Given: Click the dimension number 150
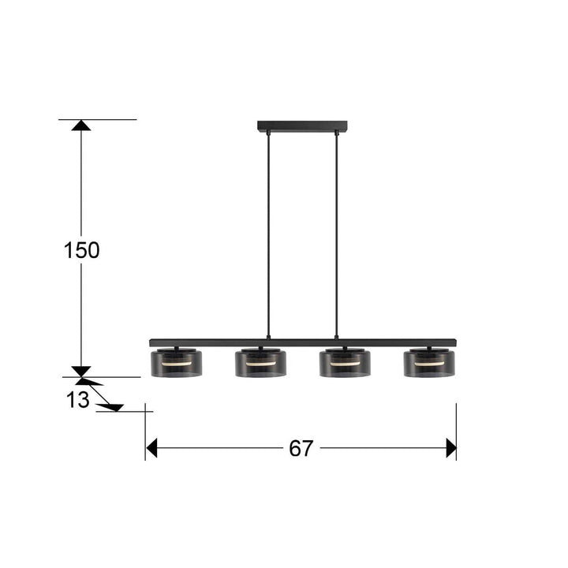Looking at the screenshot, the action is click(x=81, y=250).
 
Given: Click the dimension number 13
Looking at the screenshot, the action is click(x=77, y=400).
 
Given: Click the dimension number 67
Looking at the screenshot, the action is click(x=301, y=448).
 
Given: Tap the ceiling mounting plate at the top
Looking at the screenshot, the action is click(x=302, y=125).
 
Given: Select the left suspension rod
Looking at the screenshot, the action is click(x=268, y=235).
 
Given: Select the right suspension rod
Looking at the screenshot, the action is click(x=337, y=235).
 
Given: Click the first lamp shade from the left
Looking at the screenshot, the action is click(x=177, y=364).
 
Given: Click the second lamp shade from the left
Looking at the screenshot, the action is click(x=260, y=364).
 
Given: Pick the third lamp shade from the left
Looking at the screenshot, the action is click(x=345, y=364).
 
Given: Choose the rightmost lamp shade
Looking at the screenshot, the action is click(x=429, y=364).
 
